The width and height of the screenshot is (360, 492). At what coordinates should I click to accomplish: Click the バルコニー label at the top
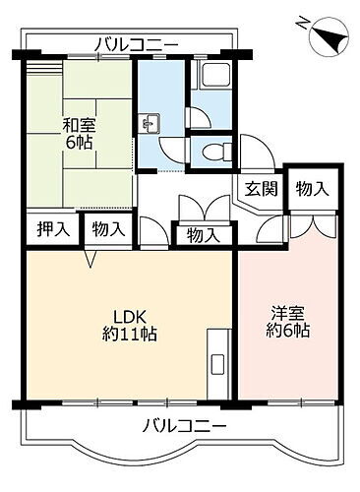coord(137,43)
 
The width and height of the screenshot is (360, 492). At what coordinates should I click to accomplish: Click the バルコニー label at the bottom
coord(185,426)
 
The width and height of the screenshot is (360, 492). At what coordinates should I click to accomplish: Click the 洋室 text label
coord(287,314)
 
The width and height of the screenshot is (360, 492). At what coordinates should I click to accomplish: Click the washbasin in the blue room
coord(152,124)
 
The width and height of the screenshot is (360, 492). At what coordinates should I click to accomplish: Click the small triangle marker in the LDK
coord(90,259)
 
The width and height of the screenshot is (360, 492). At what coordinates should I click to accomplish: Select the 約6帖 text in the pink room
coord(287,333)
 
